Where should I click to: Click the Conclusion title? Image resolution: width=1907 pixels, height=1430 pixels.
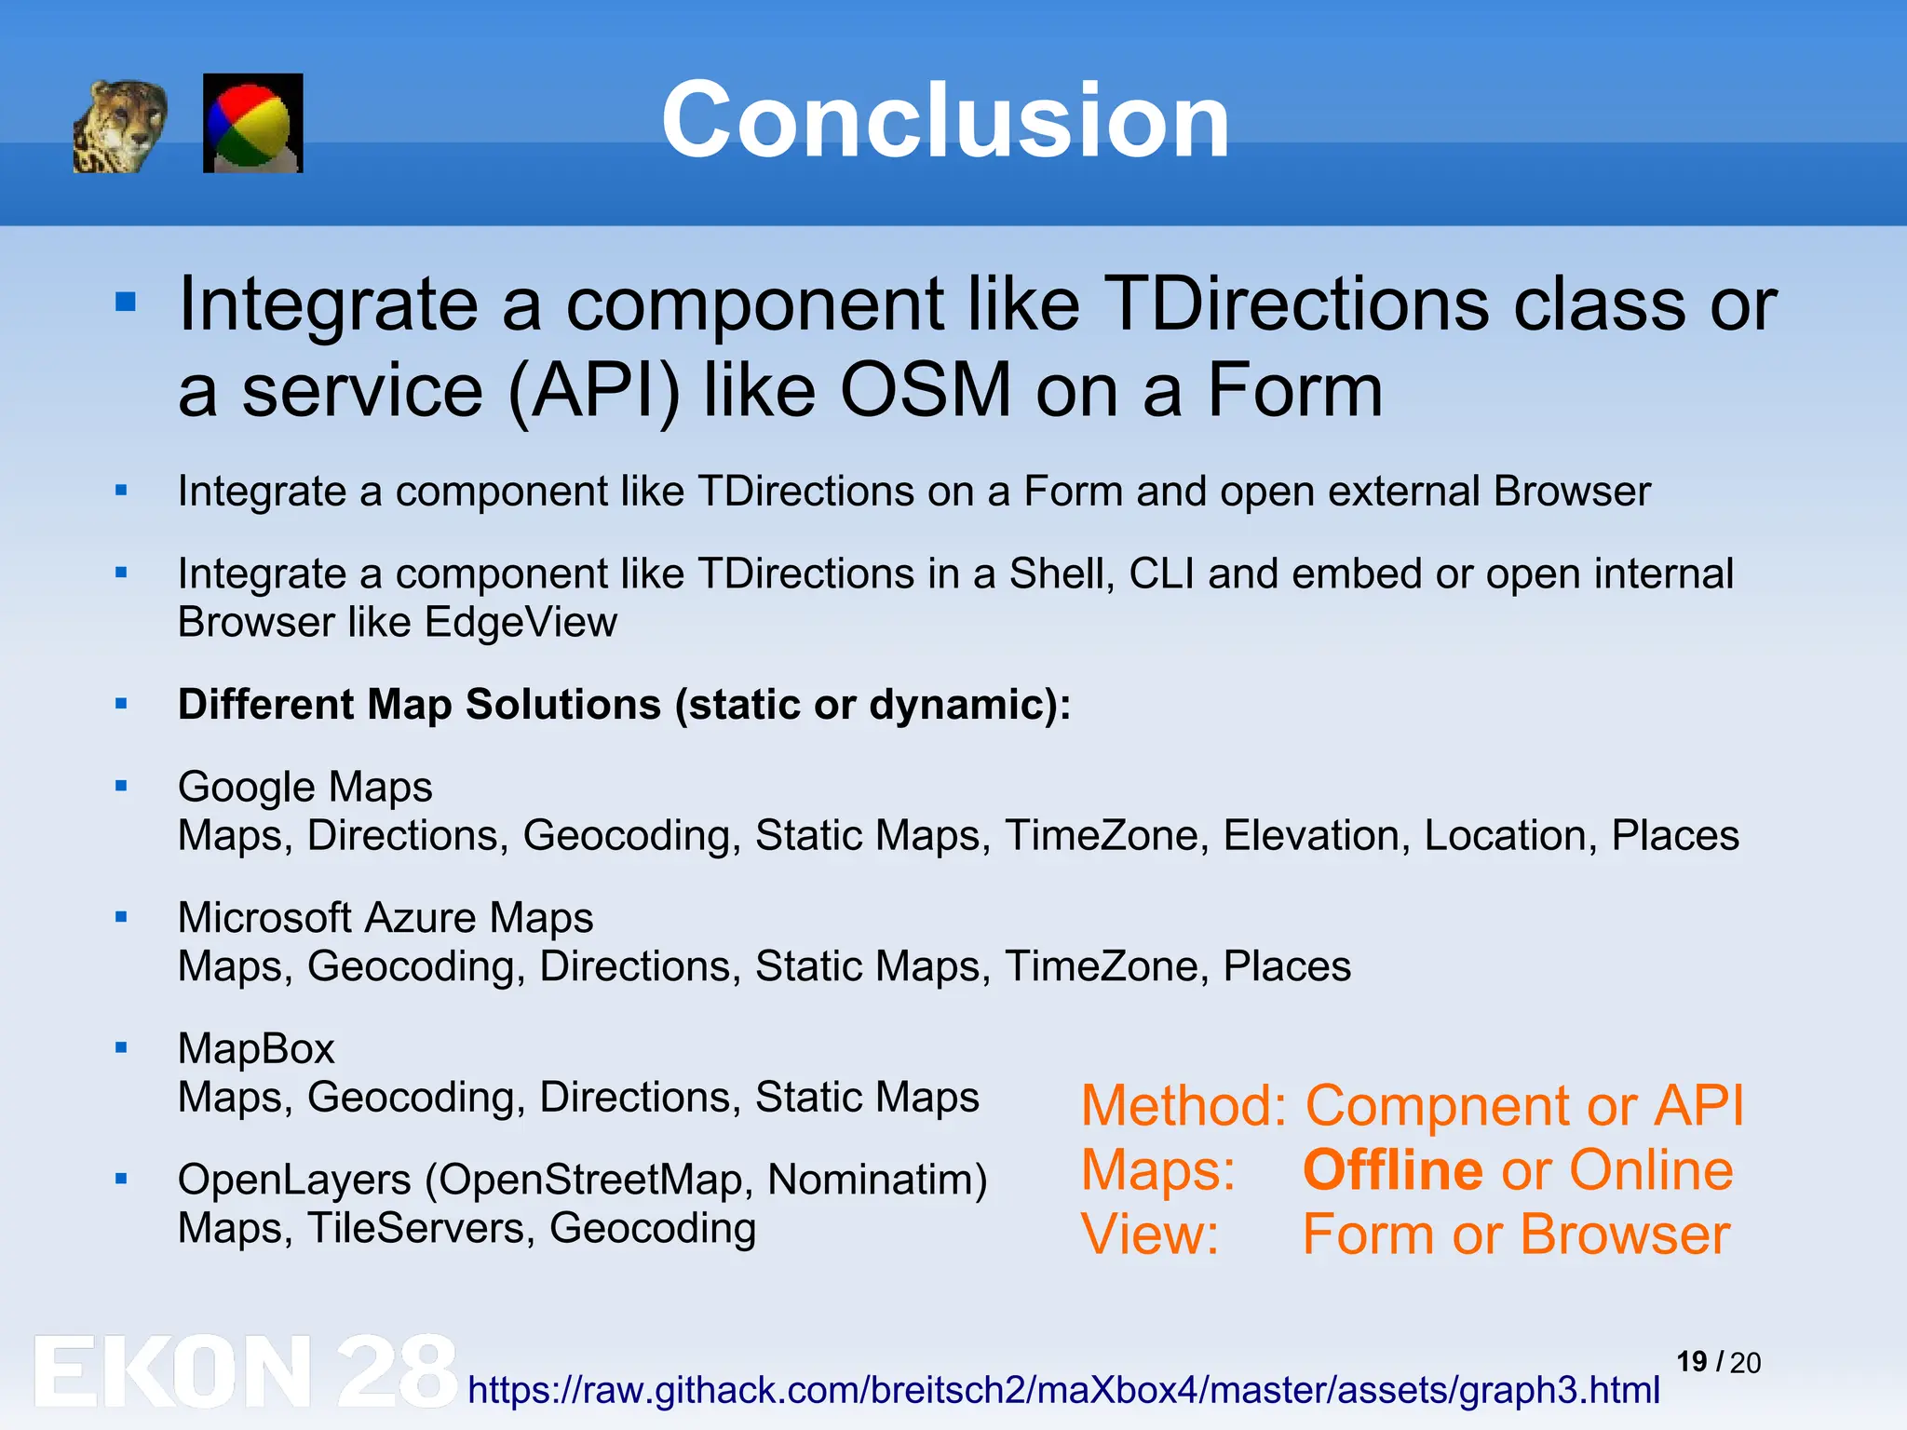pyautogui.click(x=945, y=121)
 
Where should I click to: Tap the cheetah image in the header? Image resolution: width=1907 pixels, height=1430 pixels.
pyautogui.click(x=120, y=126)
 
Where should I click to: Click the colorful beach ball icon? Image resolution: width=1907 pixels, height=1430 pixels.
pyautogui.click(x=252, y=124)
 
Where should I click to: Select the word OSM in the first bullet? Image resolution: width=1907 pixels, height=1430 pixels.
pyautogui.click(x=926, y=391)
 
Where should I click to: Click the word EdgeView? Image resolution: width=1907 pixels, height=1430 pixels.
pyautogui.click(x=521, y=622)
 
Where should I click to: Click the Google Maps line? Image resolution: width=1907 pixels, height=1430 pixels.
pyautogui.click(x=304, y=787)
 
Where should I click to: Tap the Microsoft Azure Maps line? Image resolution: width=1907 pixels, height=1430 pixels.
pyautogui.click(x=385, y=918)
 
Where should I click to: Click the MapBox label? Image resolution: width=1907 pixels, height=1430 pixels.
pyautogui.click(x=256, y=1049)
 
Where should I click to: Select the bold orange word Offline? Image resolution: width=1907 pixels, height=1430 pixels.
pyautogui.click(x=1392, y=1170)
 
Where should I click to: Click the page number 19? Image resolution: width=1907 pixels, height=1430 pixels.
pyautogui.click(x=1691, y=1361)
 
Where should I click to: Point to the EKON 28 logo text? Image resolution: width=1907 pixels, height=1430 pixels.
pyautogui.click(x=244, y=1371)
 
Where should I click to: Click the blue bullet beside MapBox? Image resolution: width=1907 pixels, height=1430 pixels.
pyautogui.click(x=121, y=1048)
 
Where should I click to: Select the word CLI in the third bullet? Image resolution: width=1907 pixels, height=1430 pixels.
pyautogui.click(x=1161, y=573)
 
